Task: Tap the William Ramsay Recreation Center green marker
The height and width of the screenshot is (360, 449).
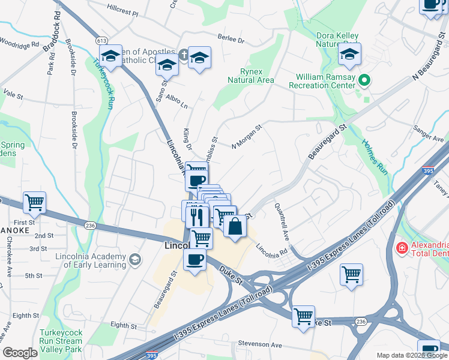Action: (363, 80)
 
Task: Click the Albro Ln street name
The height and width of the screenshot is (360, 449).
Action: (177, 101)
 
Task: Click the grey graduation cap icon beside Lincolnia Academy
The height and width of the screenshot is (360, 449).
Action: (136, 259)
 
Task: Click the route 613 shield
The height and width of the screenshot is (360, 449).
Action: (101, 39)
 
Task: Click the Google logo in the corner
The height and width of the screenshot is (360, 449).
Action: (20, 353)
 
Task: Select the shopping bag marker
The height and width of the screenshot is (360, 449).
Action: (235, 227)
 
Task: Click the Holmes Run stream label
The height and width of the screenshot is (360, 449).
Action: (375, 157)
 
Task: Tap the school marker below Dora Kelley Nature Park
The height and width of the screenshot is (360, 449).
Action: (349, 55)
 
